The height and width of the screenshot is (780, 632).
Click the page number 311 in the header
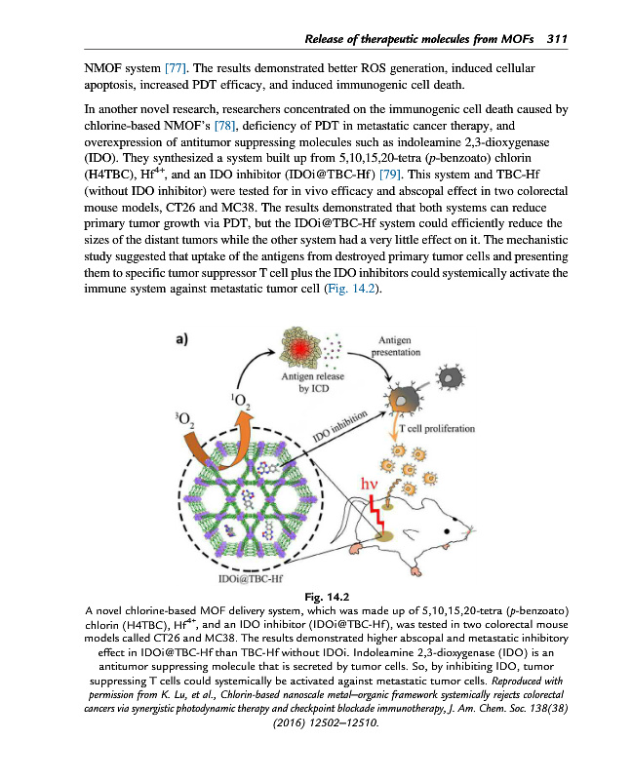coord(557,39)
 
